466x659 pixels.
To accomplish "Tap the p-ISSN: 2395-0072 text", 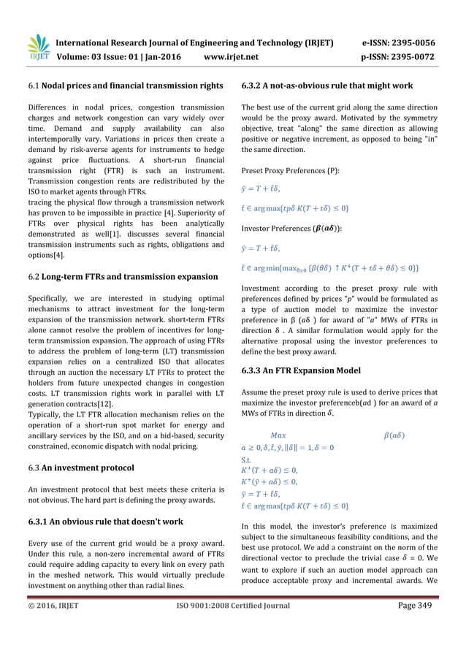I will click(x=404, y=56).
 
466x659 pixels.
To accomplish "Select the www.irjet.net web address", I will click(x=232, y=56).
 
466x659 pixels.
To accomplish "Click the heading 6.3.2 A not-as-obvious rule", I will click(x=326, y=86).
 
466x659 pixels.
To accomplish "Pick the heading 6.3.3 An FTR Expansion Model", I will click(x=300, y=370).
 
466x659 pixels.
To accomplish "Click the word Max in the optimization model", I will click(x=278, y=436).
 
